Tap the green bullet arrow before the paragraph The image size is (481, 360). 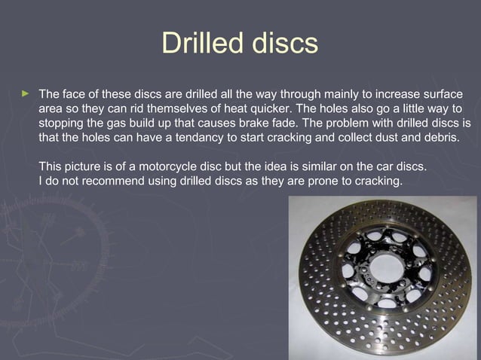pos(25,94)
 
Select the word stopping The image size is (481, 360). pos(63,124)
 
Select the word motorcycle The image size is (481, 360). pos(157,166)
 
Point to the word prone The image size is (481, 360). pos(319,181)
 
